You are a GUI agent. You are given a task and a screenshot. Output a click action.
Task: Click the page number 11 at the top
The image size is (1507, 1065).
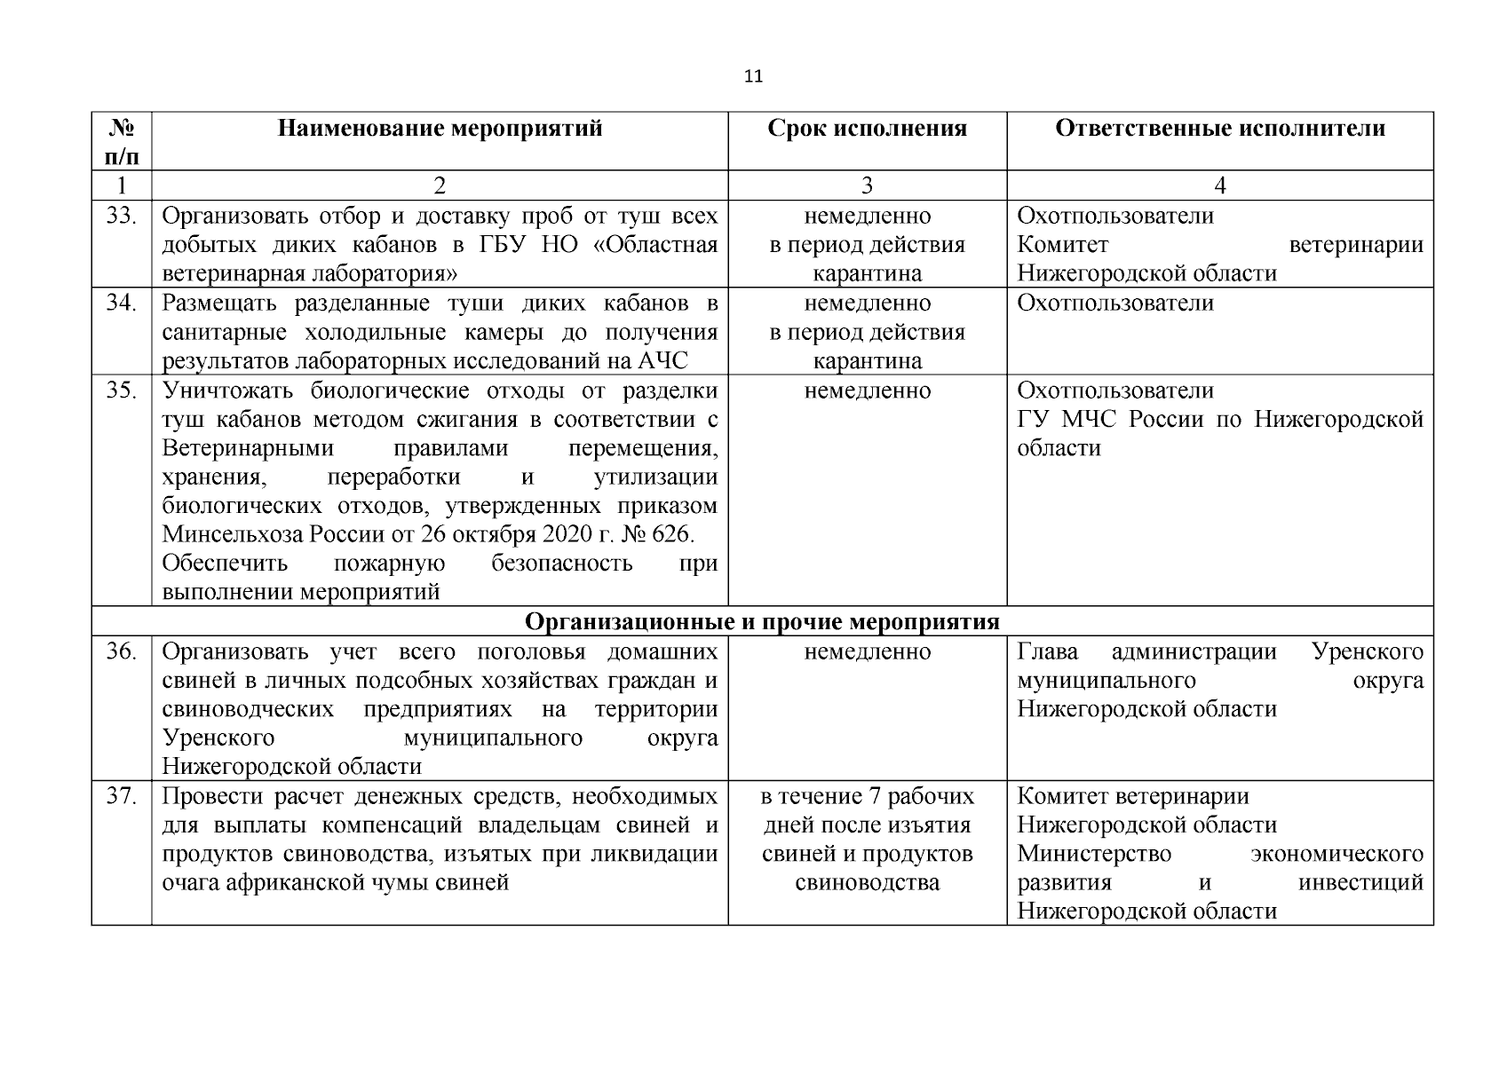click(x=752, y=76)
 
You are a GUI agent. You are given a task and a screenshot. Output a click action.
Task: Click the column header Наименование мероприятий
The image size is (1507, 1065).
click(x=440, y=129)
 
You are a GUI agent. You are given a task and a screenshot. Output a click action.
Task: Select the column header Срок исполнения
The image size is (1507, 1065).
click(x=867, y=129)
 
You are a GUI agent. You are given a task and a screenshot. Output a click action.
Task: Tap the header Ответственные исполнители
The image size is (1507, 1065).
click(x=1219, y=129)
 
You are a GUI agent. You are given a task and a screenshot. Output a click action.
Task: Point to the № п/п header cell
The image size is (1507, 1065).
click(x=121, y=142)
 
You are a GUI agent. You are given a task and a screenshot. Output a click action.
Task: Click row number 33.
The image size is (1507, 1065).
click(x=121, y=216)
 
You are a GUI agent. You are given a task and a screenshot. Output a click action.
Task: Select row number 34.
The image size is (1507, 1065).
click(x=121, y=304)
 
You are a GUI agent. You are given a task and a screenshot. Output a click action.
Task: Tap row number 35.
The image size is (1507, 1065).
click(x=121, y=390)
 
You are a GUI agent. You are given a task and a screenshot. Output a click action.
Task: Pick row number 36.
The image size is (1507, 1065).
click(x=121, y=652)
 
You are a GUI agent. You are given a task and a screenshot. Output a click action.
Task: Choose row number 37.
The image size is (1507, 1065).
click(x=121, y=797)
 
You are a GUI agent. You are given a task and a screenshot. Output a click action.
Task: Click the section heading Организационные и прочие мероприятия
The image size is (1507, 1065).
click(x=761, y=622)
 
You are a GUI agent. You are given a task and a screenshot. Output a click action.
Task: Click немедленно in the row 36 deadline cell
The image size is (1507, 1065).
click(x=867, y=652)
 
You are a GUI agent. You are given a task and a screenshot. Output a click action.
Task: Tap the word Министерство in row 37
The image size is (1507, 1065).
click(x=1093, y=855)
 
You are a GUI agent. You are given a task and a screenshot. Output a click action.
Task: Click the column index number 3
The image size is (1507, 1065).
click(x=867, y=185)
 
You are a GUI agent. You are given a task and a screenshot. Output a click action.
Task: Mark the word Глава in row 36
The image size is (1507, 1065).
click(x=1047, y=652)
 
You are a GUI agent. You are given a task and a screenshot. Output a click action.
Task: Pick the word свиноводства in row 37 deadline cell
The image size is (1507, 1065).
click(x=867, y=883)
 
